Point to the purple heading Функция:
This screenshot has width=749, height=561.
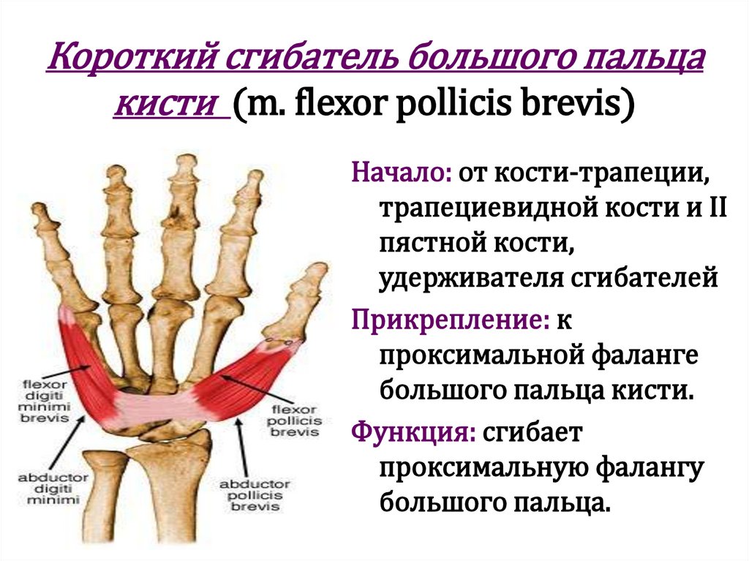[x=414, y=431]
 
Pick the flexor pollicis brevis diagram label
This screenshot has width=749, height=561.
[x=296, y=421]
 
